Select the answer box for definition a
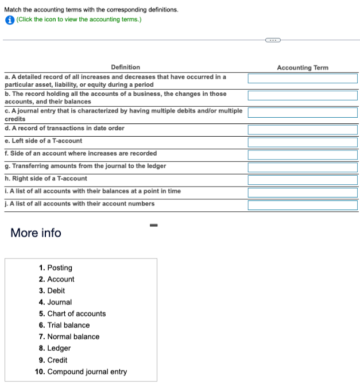tap(303, 79)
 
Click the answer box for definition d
tap(303, 129)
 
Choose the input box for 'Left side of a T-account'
tap(303, 142)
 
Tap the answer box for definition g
tap(303, 167)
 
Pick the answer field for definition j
tap(303, 205)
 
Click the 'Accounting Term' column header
tap(303, 68)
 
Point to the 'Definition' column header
tap(125, 68)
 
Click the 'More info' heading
tap(36, 233)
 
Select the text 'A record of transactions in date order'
tap(68, 128)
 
